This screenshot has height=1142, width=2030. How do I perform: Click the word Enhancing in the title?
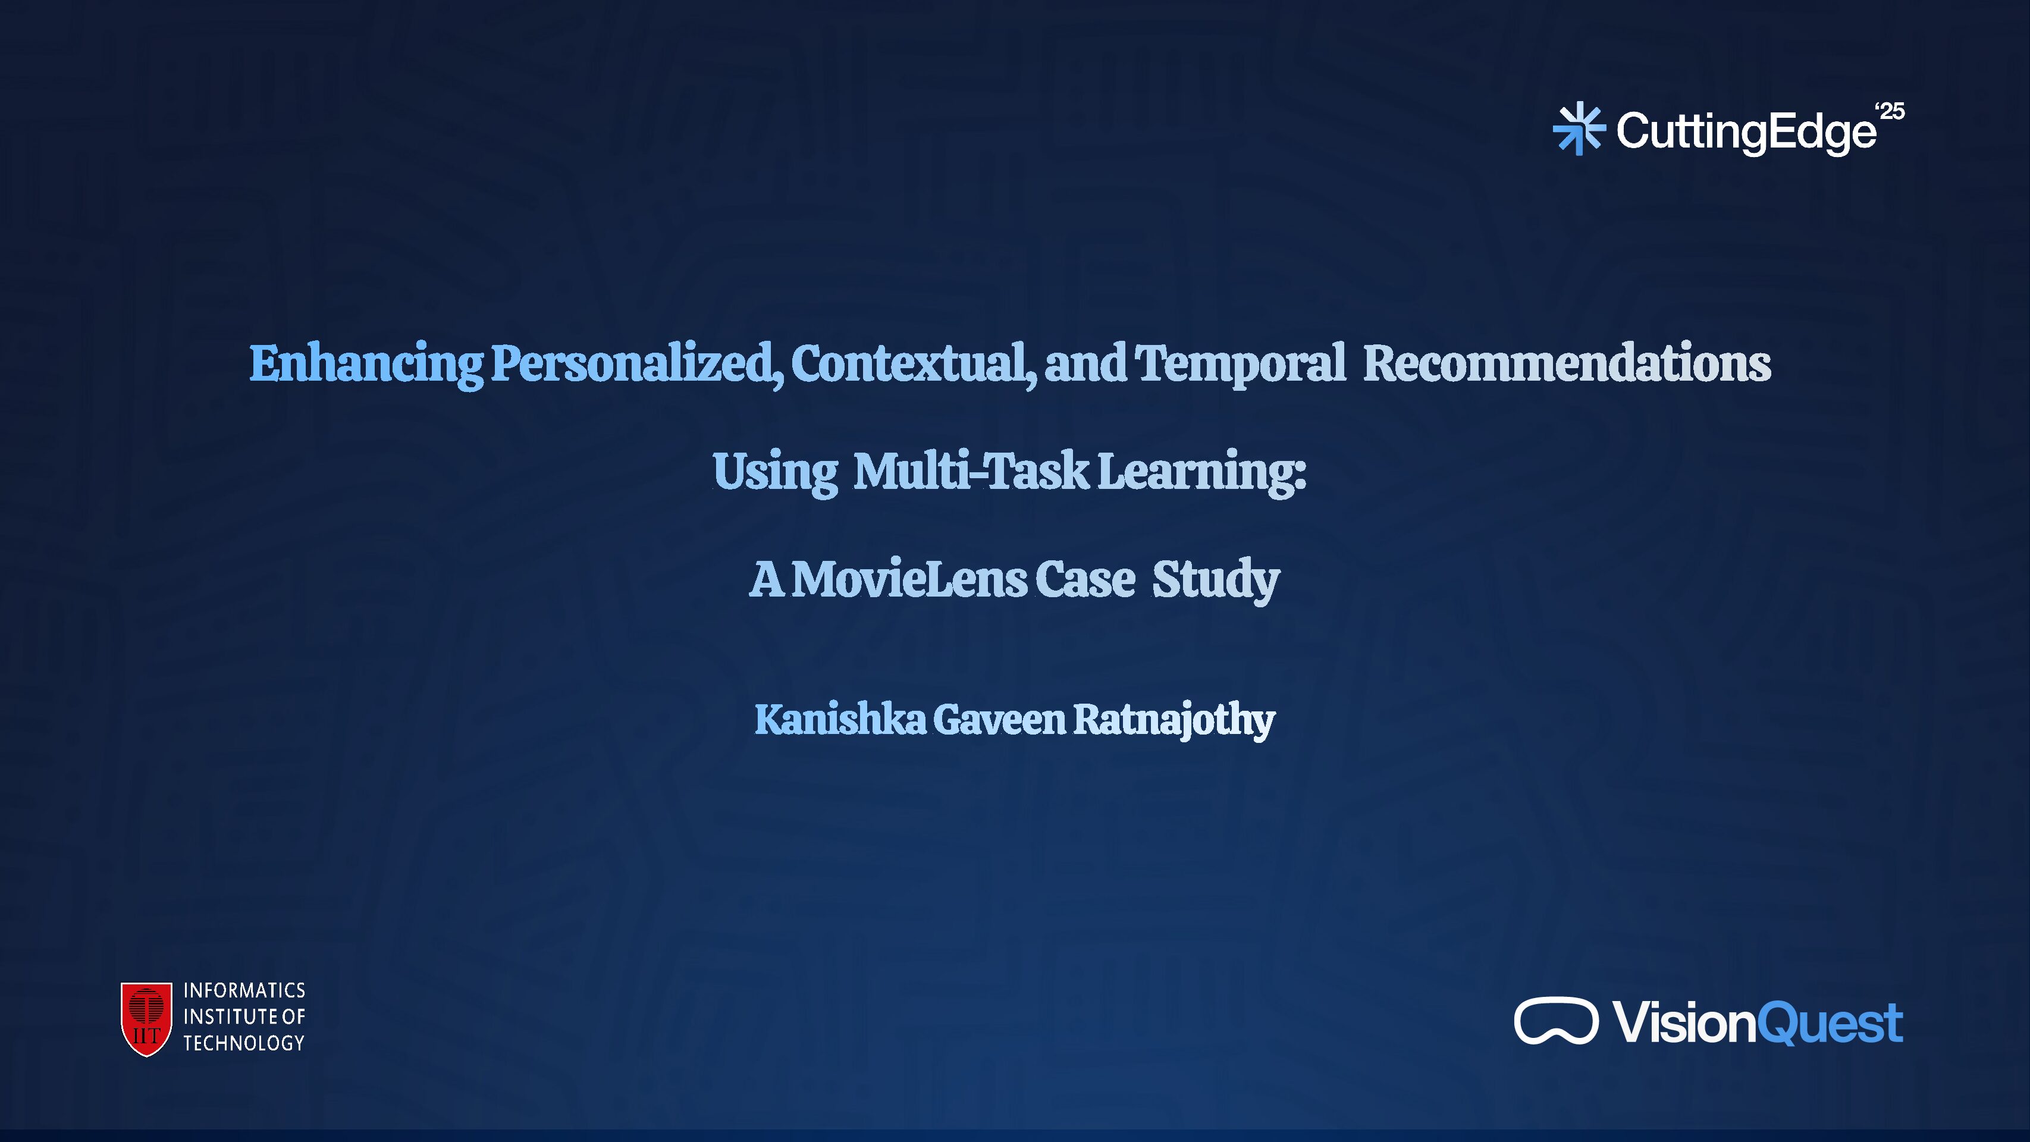pos(366,364)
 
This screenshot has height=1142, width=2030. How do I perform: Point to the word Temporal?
pos(1240,364)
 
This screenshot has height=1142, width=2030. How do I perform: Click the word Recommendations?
pos(1567,364)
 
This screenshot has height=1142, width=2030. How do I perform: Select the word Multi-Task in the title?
pos(971,471)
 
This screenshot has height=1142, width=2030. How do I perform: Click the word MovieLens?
pos(909,579)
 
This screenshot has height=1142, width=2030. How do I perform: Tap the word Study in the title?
pos(1215,579)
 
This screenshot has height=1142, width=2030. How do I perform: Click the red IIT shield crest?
pos(146,1018)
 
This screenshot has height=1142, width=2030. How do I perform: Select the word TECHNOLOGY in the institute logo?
pos(244,1043)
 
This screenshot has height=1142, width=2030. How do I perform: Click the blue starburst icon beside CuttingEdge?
pos(1579,128)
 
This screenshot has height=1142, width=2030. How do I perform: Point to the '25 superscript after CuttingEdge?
pos(1890,111)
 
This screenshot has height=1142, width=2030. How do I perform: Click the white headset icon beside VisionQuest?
pos(1555,1021)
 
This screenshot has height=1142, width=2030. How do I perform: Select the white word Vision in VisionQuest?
pos(1685,1023)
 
